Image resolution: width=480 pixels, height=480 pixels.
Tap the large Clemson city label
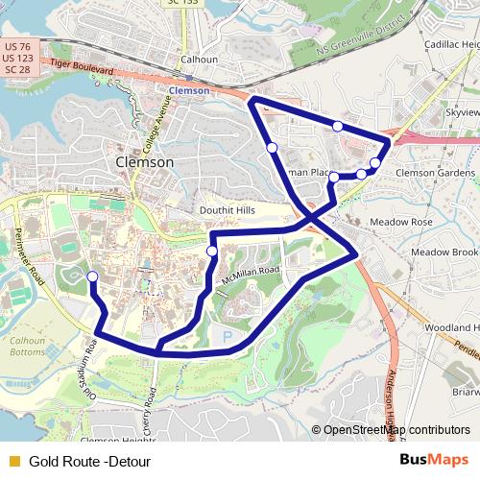[x=144, y=162]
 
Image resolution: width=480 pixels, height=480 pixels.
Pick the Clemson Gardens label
[x=435, y=173]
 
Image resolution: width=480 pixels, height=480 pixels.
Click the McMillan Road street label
[x=250, y=276]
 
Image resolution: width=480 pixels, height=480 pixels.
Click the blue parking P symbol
[x=228, y=336]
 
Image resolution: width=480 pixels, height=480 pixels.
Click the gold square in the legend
[x=13, y=461]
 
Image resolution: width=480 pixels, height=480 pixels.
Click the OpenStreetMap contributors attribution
[x=396, y=430]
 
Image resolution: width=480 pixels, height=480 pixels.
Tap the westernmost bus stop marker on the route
[x=92, y=277]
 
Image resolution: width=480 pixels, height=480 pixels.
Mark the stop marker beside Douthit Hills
[x=211, y=252]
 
